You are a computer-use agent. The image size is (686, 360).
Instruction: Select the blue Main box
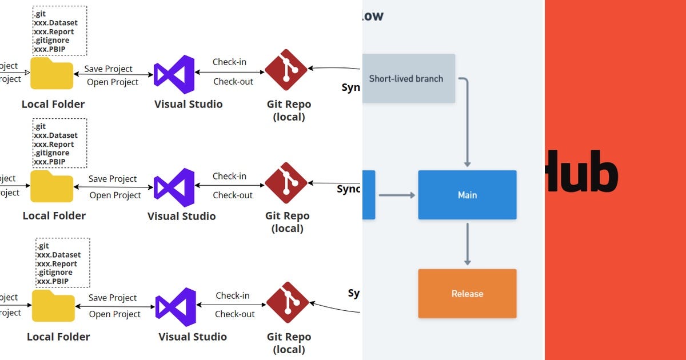tap(467, 195)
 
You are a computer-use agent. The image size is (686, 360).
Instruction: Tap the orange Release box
tap(467, 294)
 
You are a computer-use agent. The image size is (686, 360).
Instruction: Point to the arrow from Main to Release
tap(467, 244)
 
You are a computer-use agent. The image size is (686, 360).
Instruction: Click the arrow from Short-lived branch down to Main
tap(467, 126)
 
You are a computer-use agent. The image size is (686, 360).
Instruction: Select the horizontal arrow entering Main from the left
tap(397, 195)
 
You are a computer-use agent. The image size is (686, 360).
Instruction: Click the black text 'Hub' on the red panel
tap(581, 171)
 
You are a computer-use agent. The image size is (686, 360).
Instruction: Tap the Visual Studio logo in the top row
tap(174, 74)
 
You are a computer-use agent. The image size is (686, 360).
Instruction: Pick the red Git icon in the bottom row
tap(288, 303)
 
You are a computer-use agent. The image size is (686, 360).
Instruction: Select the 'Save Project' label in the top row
tap(108, 69)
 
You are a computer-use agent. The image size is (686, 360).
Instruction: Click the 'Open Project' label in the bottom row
tap(115, 314)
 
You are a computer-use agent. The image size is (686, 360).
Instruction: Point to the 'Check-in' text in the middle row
tap(229, 176)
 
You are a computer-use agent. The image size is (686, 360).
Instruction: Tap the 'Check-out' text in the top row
tap(233, 82)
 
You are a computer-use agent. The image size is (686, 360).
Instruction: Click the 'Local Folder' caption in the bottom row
tap(58, 337)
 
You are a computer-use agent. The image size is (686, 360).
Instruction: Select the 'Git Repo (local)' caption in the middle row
tap(287, 222)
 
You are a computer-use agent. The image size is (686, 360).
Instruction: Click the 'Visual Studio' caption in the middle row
tap(181, 216)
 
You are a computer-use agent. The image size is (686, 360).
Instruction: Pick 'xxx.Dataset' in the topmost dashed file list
tap(55, 23)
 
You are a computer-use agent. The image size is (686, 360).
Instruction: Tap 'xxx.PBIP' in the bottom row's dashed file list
tap(53, 282)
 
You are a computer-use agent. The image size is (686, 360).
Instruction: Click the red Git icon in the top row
tap(286, 70)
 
